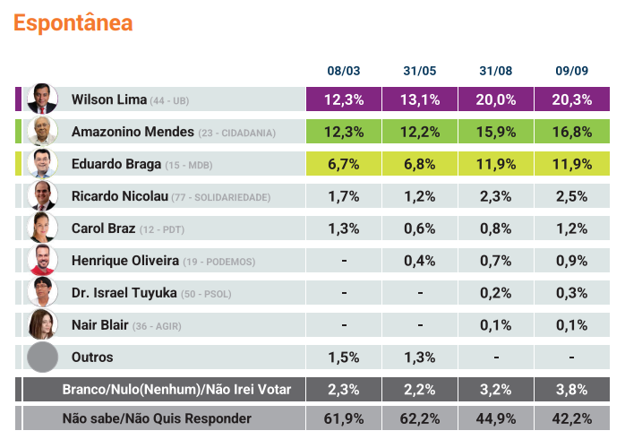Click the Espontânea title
pyautogui.click(x=73, y=23)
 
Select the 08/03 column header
pyautogui.click(x=344, y=70)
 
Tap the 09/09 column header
pyautogui.click(x=571, y=70)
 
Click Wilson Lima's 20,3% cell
pyautogui.click(x=571, y=99)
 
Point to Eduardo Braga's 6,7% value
pyautogui.click(x=344, y=164)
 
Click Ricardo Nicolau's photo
pyautogui.click(x=42, y=196)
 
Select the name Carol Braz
pyautogui.click(x=103, y=228)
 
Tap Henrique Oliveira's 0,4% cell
pyautogui.click(x=420, y=261)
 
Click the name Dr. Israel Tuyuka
pyautogui.click(x=124, y=293)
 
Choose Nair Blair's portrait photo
pyautogui.click(x=42, y=324)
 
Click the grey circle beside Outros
pyautogui.click(x=42, y=357)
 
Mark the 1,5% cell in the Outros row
pyautogui.click(x=344, y=357)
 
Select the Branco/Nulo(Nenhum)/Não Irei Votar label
pyautogui.click(x=184, y=389)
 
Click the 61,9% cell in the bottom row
pyautogui.click(x=344, y=418)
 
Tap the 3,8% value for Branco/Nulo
pyautogui.click(x=571, y=389)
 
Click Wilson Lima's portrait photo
pyautogui.click(x=42, y=99)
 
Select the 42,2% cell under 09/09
pyautogui.click(x=571, y=418)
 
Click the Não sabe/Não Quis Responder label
pyautogui.click(x=157, y=418)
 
